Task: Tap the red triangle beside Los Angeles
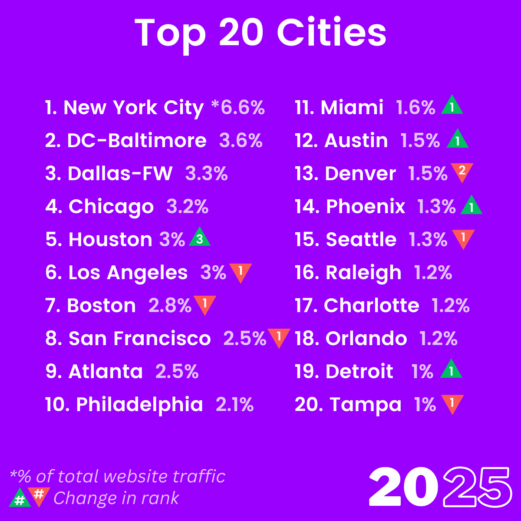[x=241, y=271]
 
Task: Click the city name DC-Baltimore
[x=137, y=141]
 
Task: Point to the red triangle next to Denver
[x=462, y=171]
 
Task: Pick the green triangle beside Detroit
[x=451, y=370]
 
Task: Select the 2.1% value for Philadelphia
[x=234, y=405]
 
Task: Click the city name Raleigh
[x=363, y=273]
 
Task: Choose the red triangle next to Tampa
[x=452, y=403]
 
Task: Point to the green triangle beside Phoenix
[x=471, y=206]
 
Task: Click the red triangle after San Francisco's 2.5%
[x=279, y=337]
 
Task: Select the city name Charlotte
[x=371, y=306]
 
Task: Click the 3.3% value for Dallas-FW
[x=206, y=174]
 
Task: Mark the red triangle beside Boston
[x=204, y=304]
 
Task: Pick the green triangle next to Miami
[x=452, y=106]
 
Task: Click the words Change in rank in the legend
[x=116, y=498]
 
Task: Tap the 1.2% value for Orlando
[x=438, y=339]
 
